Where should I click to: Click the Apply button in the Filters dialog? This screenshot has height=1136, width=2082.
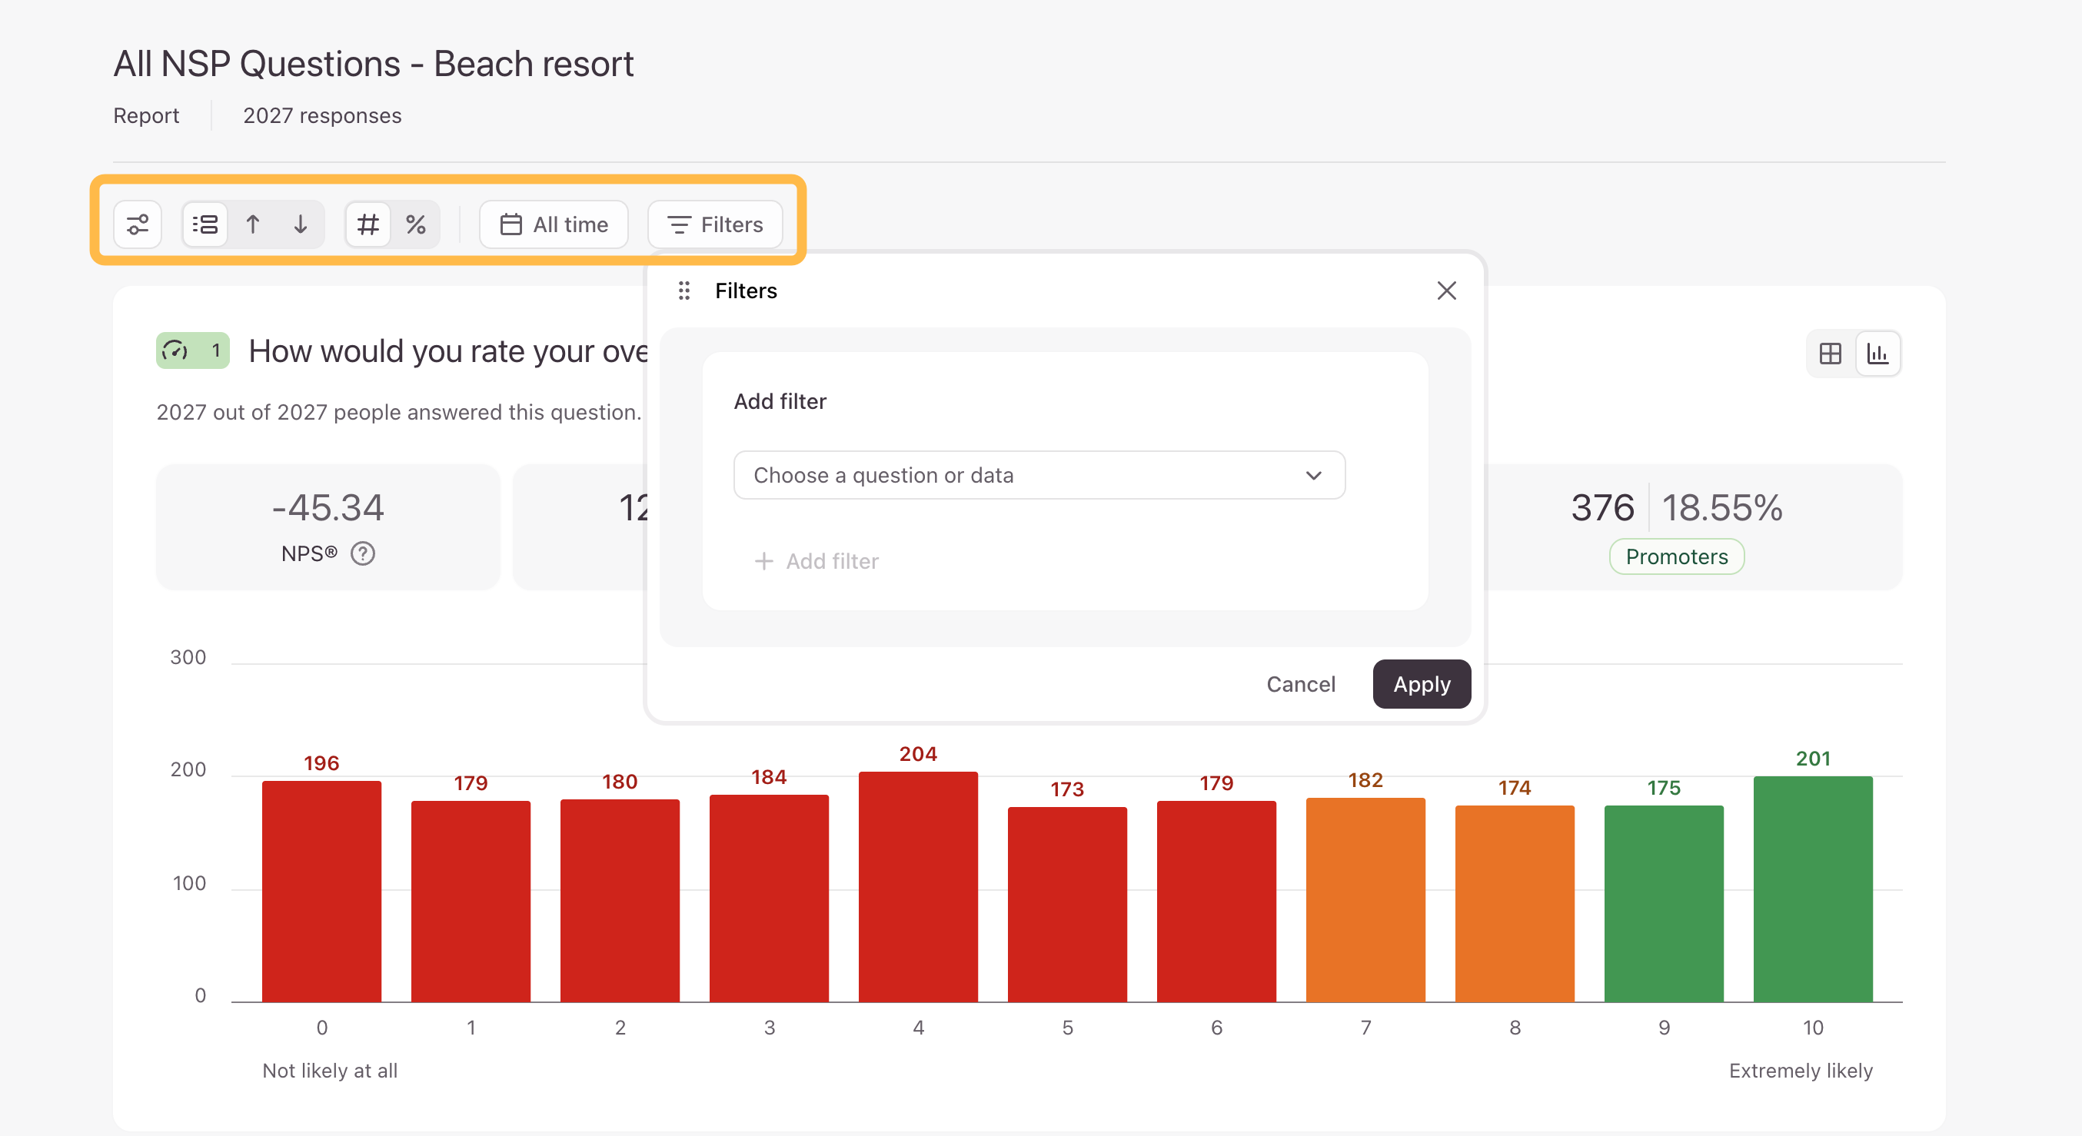[x=1421, y=683]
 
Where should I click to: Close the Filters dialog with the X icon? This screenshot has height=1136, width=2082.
[x=1446, y=290]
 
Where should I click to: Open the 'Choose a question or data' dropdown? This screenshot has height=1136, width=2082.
[x=1039, y=475]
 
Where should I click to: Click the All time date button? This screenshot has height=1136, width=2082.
[x=554, y=224]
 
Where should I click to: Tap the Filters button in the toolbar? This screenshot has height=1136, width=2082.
[x=714, y=224]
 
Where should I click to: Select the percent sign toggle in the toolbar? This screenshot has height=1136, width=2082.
[x=415, y=224]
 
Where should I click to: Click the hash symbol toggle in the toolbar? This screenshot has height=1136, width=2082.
[x=368, y=224]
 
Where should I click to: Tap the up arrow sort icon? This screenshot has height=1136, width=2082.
[x=253, y=224]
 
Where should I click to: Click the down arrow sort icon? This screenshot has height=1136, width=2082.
[x=301, y=224]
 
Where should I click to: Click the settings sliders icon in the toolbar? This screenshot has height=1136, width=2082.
[x=138, y=224]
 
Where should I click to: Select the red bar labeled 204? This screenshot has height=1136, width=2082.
[x=918, y=887]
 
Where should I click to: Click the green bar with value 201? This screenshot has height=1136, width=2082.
[x=1813, y=889]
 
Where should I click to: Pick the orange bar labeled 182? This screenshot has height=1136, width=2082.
[x=1365, y=900]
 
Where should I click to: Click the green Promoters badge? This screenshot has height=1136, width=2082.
[x=1676, y=556]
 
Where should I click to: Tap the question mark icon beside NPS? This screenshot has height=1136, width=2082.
[x=363, y=553]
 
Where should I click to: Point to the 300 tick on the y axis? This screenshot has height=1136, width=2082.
[x=188, y=658]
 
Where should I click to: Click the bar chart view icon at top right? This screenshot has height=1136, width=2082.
[x=1877, y=353]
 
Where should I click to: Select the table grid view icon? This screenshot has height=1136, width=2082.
[x=1830, y=353]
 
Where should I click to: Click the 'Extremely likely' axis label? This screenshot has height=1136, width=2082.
[x=1800, y=1071]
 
